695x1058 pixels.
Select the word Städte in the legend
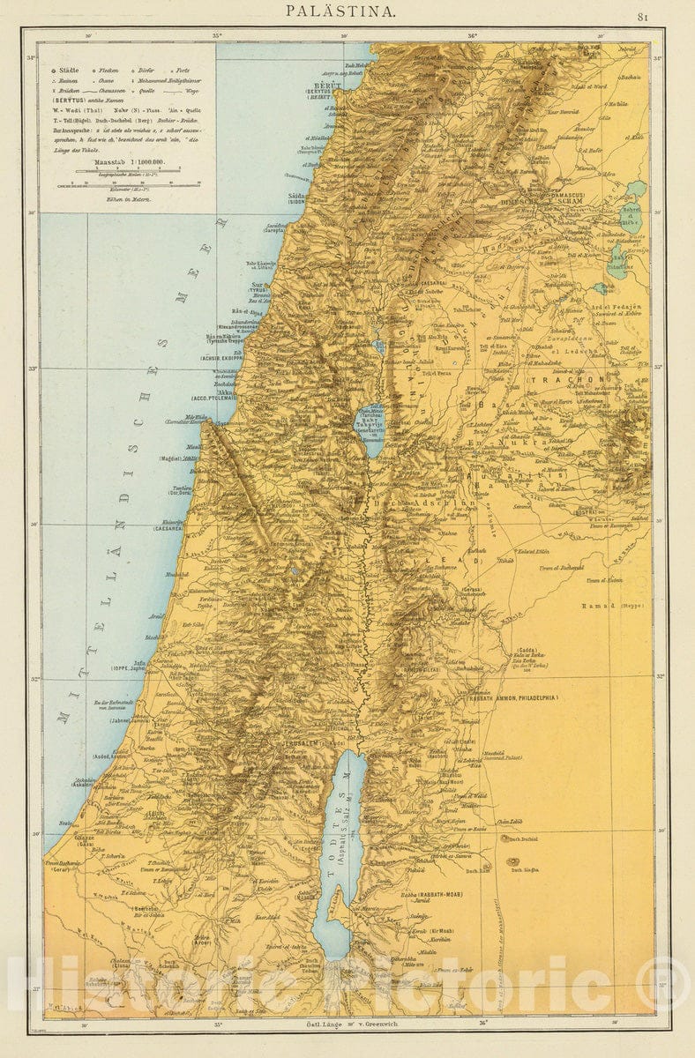(69, 69)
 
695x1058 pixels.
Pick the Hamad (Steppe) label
(611, 607)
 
